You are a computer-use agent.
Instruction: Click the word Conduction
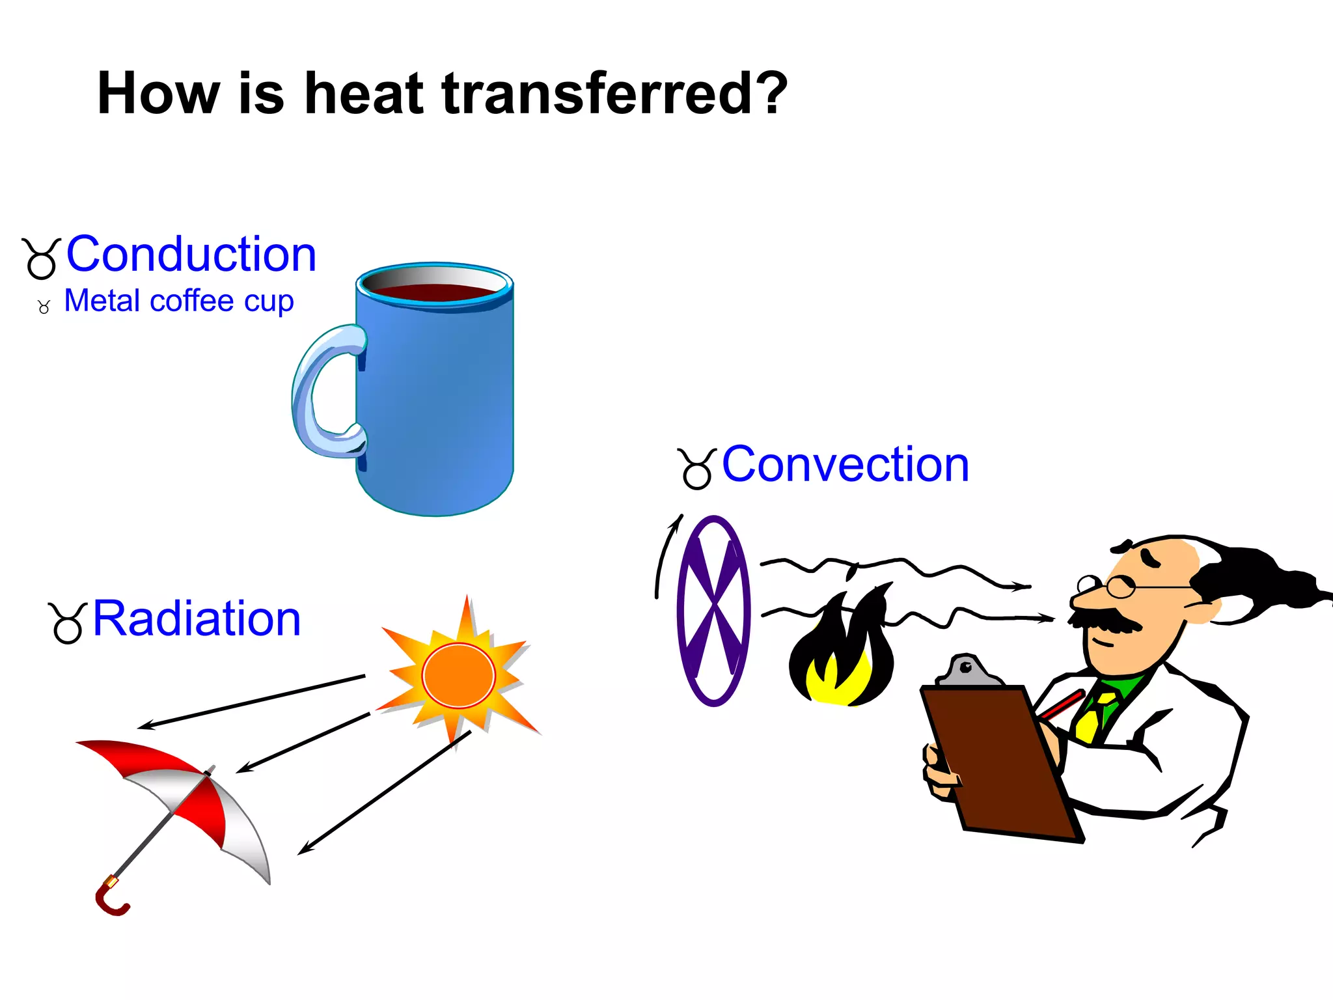191,254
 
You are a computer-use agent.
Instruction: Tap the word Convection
845,465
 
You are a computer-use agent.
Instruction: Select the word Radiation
197,618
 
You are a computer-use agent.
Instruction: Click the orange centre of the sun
458,676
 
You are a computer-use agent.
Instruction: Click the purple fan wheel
714,611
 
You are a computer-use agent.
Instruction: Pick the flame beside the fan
841,651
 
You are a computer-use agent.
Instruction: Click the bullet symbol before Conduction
42,259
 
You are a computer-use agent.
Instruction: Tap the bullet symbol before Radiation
67,624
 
